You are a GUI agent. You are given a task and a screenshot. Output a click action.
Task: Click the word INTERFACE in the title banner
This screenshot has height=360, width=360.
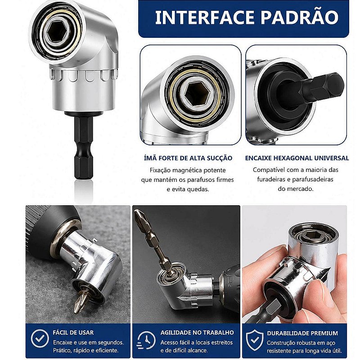[x=205, y=17]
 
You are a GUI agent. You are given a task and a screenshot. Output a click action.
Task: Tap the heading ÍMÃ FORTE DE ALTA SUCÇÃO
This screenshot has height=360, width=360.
[x=188, y=158]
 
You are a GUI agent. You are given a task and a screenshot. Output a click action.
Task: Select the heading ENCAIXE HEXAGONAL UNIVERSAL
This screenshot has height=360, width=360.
[x=297, y=158]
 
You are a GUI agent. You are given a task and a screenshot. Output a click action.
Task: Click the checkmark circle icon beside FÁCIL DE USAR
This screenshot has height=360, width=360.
[x=40, y=338]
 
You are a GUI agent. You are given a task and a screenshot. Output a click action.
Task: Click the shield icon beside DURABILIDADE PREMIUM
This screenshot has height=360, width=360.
[x=255, y=340]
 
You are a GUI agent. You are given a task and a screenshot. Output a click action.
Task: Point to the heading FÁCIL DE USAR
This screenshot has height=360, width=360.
[x=73, y=333]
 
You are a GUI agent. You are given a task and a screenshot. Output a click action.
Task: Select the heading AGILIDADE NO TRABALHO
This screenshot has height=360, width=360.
[x=197, y=333]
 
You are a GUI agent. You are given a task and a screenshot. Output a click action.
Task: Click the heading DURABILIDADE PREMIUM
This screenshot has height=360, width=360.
[x=302, y=333]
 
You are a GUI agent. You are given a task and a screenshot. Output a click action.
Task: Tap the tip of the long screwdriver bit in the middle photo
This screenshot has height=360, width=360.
[x=137, y=211]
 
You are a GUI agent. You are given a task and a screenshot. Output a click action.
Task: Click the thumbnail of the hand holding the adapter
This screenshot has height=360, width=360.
[x=294, y=264]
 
